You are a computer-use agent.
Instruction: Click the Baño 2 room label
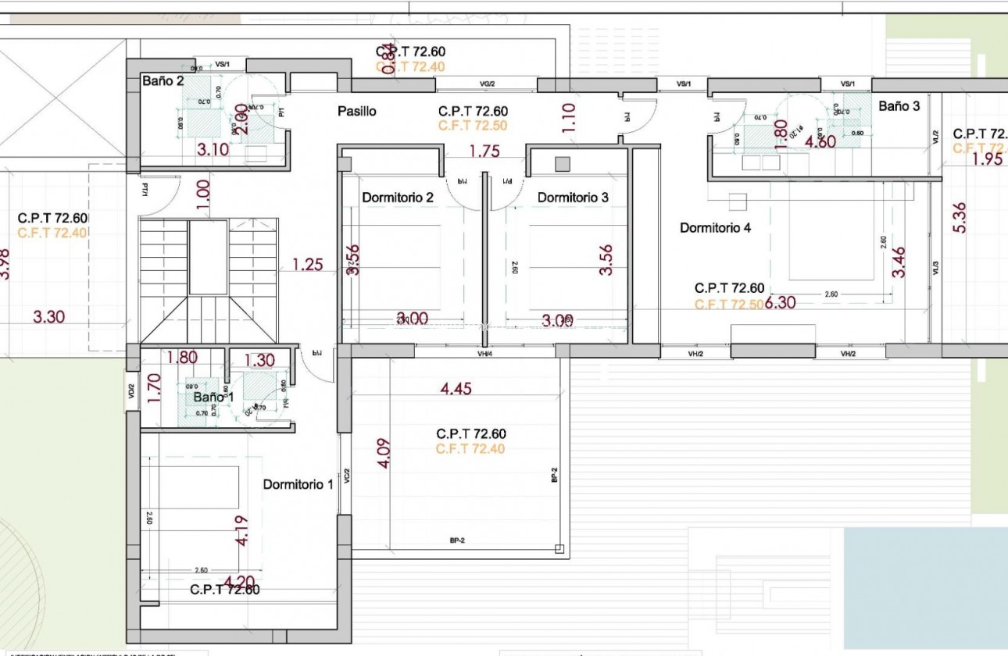click(163, 80)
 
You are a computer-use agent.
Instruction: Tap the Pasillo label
click(356, 112)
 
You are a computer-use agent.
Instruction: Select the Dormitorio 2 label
click(397, 198)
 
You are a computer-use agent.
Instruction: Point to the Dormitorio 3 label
click(573, 198)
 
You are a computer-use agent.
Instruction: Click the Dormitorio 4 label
click(715, 228)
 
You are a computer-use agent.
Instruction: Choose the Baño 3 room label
click(899, 106)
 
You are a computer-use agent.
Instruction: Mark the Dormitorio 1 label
click(298, 484)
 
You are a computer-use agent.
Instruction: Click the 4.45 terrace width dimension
click(456, 388)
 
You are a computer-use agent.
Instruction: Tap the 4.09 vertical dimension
click(383, 453)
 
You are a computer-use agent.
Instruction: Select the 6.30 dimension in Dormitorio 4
click(781, 302)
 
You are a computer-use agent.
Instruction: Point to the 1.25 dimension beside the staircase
click(308, 265)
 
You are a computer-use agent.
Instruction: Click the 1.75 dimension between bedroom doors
click(484, 152)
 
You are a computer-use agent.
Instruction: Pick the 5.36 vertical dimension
click(960, 218)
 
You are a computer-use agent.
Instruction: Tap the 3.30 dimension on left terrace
click(49, 317)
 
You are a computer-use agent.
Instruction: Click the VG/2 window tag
click(487, 84)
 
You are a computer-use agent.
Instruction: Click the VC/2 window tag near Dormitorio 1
click(346, 476)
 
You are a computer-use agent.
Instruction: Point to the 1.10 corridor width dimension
click(568, 118)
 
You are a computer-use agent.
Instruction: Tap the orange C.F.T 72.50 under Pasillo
click(473, 125)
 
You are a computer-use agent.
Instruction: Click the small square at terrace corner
click(558, 548)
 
